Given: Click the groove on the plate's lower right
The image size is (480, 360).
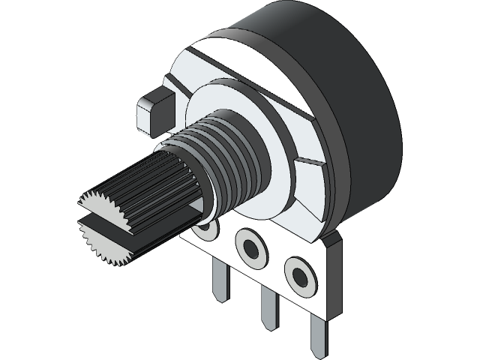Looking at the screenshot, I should (311, 161).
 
